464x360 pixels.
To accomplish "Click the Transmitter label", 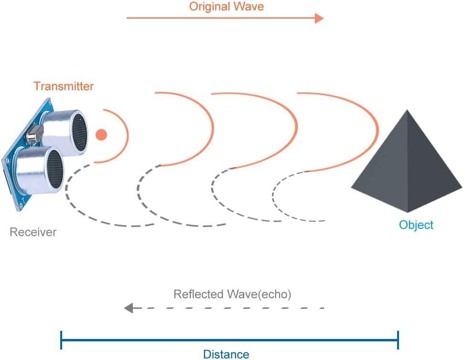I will click(64, 86).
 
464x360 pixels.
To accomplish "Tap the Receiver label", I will click(33, 232).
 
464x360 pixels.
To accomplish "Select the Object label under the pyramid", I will click(416, 225).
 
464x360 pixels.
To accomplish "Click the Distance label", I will click(226, 354).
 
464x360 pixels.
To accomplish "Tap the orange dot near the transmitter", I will click(101, 135).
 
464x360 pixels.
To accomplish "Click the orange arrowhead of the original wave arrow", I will click(319, 18).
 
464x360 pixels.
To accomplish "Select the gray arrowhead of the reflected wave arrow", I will click(129, 308).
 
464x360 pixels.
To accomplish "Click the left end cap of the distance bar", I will click(61, 340).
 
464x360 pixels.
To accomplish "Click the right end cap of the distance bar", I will click(398, 340).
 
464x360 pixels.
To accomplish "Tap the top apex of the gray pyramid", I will click(408, 111).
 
